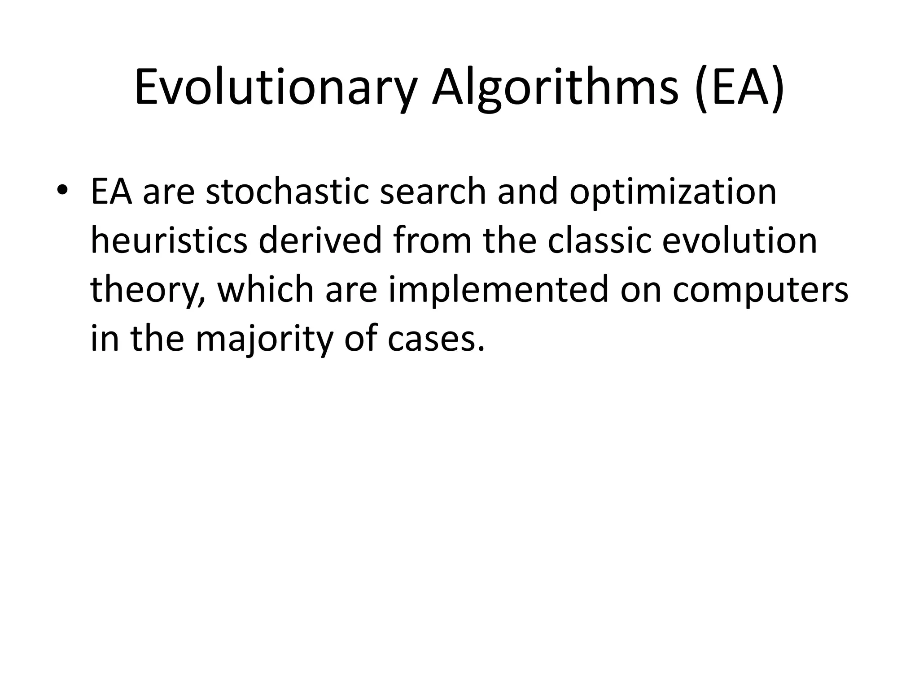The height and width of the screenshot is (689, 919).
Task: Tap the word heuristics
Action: click(x=169, y=241)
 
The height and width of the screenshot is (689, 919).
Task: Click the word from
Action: click(x=433, y=241)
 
